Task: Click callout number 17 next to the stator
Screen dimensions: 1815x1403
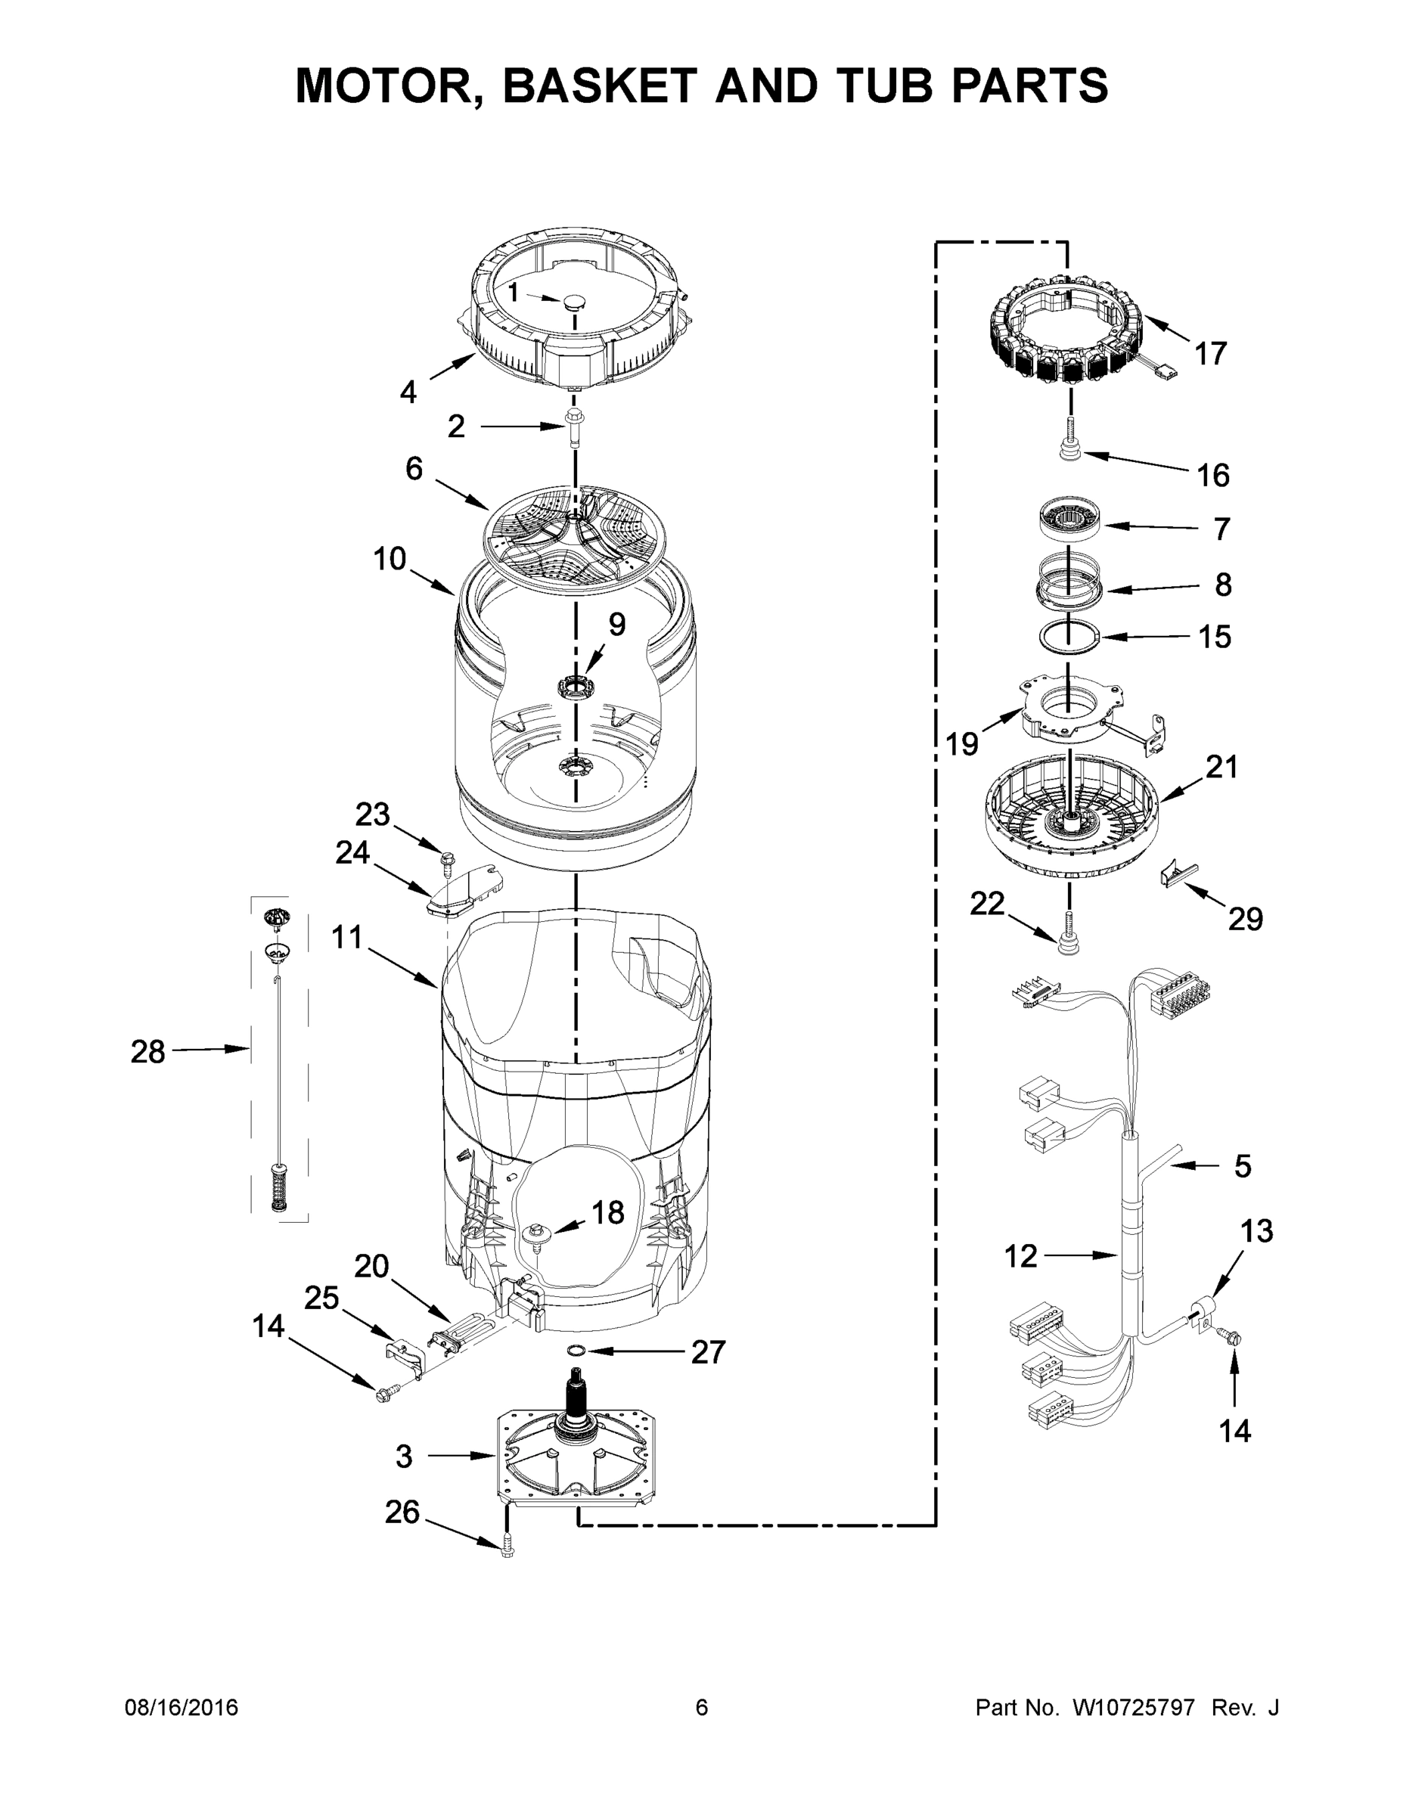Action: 1210,354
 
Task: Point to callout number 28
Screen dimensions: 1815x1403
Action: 148,1052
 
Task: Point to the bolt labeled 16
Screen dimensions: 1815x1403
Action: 1069,447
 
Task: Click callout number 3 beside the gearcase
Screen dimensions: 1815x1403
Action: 404,1456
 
